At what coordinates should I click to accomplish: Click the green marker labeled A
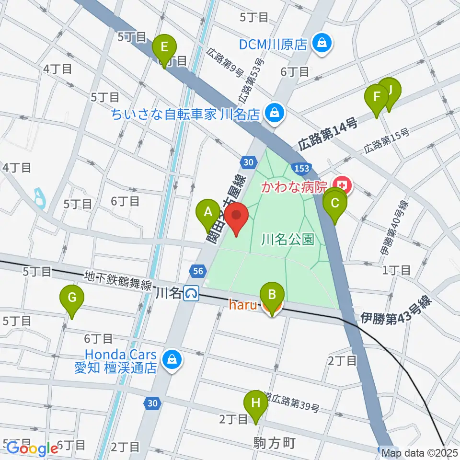tap(208, 212)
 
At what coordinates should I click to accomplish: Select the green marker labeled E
tap(164, 48)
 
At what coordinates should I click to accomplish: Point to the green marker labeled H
tap(255, 404)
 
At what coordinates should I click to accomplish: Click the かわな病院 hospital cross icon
tap(343, 184)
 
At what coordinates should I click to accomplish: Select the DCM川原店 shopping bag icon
tap(320, 44)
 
